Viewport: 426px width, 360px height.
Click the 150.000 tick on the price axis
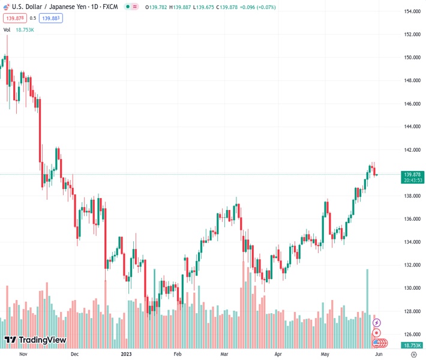point(412,58)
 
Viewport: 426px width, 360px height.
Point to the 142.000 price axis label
point(412,150)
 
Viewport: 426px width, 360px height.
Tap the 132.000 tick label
point(412,265)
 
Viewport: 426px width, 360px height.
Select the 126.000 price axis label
point(412,334)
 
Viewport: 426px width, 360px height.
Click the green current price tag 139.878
point(413,174)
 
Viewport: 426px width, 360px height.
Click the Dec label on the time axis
point(74,355)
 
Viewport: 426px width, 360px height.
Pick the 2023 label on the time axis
point(127,355)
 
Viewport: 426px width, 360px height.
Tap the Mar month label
point(225,355)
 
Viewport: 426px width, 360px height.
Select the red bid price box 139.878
point(14,18)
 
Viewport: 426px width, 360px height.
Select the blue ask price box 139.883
point(52,18)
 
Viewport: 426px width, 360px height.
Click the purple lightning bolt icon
point(377,323)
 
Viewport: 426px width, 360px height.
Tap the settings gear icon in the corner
point(413,355)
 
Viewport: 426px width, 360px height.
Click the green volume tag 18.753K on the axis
point(412,346)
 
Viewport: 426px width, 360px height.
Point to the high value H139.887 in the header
point(183,7)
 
